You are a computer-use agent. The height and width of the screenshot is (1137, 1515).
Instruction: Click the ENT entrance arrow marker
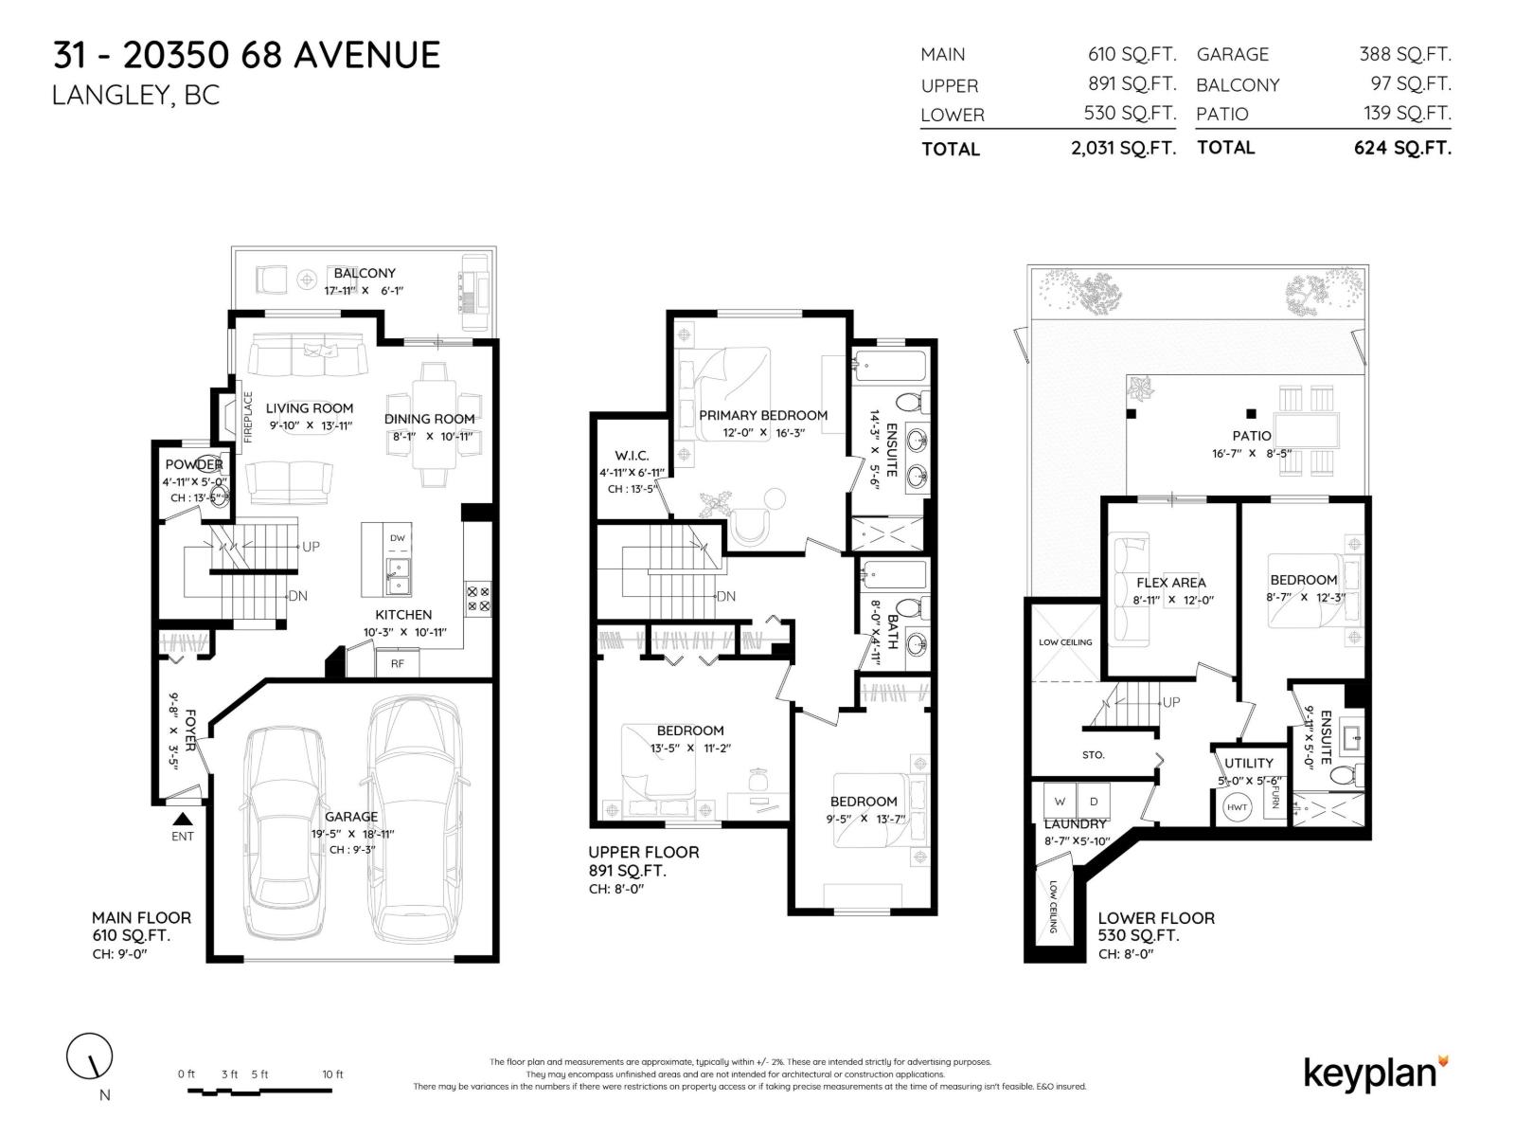183,820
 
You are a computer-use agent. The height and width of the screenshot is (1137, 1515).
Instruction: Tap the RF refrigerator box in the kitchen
398,663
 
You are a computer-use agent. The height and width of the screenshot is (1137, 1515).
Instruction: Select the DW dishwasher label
398,538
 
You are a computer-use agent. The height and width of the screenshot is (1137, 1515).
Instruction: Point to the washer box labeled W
1060,802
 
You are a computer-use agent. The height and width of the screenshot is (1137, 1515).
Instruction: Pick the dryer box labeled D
1094,802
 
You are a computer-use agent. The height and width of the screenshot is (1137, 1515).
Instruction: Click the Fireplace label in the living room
249,417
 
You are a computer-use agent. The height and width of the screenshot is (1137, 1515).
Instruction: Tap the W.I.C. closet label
632,456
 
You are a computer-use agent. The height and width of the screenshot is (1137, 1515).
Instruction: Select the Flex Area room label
1171,583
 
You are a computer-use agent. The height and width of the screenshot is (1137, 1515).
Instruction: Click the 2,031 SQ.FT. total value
1123,148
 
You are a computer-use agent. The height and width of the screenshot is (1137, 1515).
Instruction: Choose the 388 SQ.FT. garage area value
1404,55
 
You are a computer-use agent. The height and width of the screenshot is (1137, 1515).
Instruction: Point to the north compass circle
89,1055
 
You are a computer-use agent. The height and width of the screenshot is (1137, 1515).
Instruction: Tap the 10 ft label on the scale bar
332,1074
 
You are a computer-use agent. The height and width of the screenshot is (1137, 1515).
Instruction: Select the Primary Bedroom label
763,415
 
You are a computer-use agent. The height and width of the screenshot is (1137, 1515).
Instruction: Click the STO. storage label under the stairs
1093,755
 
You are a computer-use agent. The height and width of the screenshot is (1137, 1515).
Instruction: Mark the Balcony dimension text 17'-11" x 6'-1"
364,290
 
